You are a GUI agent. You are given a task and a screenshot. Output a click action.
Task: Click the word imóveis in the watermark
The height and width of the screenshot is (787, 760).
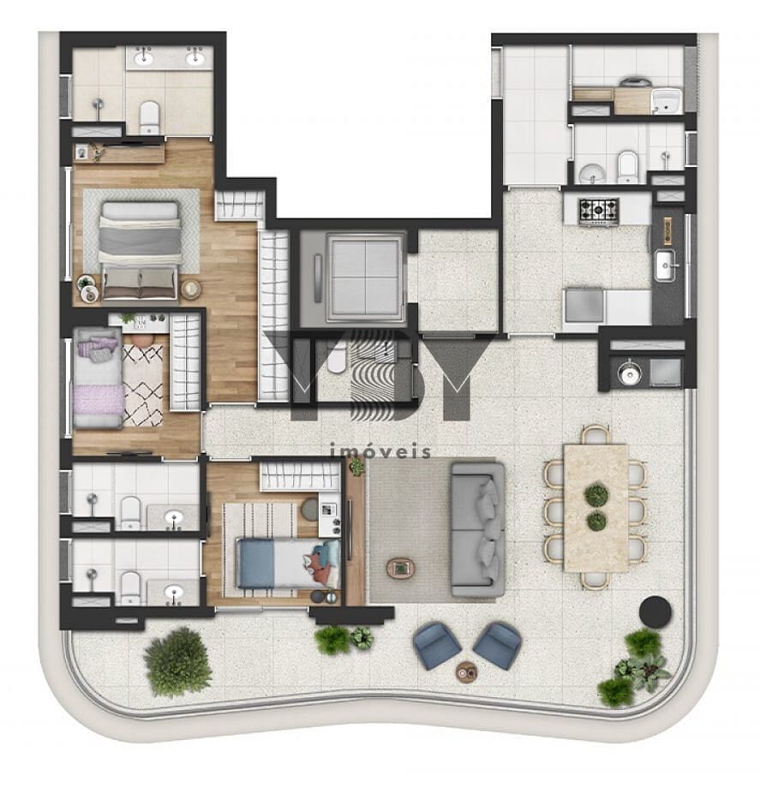click(380, 451)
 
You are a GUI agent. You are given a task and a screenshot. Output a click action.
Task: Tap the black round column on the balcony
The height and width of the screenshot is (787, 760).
click(656, 610)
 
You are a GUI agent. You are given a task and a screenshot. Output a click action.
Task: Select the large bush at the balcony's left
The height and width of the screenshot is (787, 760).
click(177, 661)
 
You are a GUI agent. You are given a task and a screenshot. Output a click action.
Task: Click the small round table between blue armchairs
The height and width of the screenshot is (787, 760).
click(466, 670)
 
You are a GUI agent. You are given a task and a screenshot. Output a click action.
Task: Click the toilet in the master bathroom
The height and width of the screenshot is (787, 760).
click(149, 116)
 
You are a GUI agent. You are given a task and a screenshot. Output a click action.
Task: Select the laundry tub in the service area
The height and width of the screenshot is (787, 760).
click(664, 102)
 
